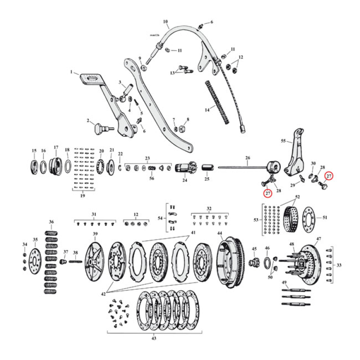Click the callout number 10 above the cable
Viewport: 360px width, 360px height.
[165, 21]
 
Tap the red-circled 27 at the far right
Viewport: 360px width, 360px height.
[329, 176]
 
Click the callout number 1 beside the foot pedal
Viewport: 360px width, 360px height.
[71, 72]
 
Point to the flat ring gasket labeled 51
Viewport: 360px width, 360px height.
[310, 218]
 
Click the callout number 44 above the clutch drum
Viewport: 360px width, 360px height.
[220, 234]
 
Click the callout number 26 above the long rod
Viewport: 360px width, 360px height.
[247, 158]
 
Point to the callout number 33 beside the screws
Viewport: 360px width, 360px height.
[338, 265]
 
